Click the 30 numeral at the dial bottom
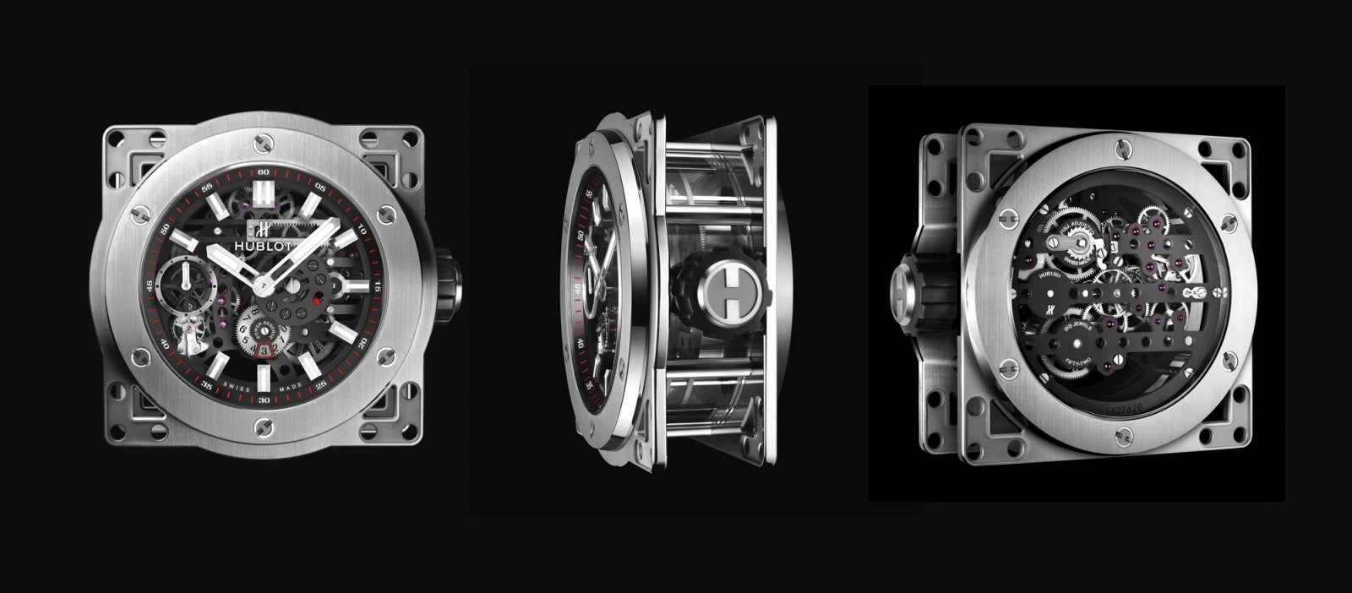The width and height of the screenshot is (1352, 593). [x=264, y=400]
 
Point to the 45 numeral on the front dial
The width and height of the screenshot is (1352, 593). [x=150, y=286]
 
